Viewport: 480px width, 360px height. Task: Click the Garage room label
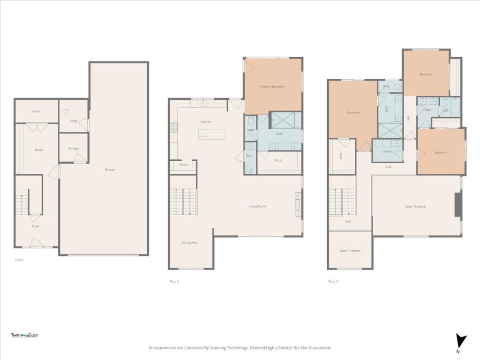[x=110, y=169]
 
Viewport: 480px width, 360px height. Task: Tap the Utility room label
[x=73, y=121]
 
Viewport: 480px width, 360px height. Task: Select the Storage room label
[x=73, y=149]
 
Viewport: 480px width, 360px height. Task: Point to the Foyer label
[x=36, y=226]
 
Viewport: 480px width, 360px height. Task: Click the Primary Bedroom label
[x=272, y=87]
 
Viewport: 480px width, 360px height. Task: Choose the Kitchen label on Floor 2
[x=205, y=122]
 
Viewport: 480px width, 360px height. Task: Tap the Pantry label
[x=183, y=165]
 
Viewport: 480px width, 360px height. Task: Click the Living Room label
[x=257, y=206]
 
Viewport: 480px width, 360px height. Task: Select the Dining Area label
[x=189, y=242]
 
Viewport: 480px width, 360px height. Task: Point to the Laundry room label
[x=387, y=151]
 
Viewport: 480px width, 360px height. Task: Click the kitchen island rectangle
[x=211, y=134]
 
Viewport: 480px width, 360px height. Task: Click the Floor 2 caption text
[x=174, y=281]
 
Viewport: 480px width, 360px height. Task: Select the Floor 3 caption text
[x=332, y=281]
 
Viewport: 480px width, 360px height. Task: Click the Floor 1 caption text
[x=20, y=259]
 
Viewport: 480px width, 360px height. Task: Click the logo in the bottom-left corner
[x=24, y=336]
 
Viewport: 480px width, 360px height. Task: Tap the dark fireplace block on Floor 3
[x=458, y=204]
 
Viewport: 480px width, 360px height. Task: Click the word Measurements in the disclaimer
[x=164, y=348]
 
